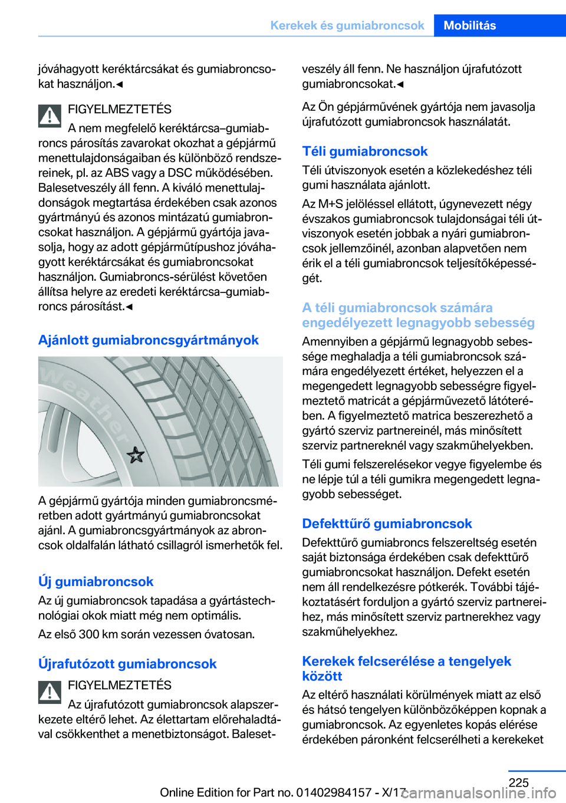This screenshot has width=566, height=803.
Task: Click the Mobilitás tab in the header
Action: coord(470,25)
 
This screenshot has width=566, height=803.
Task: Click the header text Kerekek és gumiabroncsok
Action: coord(347,25)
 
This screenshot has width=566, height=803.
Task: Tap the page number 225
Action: coord(518,782)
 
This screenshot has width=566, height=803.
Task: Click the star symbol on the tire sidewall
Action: coord(136,455)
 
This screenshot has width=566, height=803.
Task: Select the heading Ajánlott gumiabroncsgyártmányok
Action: coord(148,340)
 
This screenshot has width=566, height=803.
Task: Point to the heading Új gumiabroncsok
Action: coord(96,581)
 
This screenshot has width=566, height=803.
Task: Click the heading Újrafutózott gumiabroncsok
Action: coord(127,664)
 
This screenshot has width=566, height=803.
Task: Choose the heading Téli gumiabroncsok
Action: coord(364,152)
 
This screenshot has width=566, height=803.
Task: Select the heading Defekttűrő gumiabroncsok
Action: coord(387,524)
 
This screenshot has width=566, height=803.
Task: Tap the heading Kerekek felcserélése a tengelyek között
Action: coord(406,669)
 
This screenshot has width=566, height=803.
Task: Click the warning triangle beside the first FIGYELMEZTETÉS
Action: coord(50,116)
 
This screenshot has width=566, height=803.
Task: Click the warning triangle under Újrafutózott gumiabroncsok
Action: coord(50,692)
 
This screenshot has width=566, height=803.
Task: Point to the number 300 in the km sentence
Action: coord(88,634)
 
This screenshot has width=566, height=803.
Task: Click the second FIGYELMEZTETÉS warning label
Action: coord(120,685)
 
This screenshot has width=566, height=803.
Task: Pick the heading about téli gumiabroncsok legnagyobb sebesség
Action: coord(418,315)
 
